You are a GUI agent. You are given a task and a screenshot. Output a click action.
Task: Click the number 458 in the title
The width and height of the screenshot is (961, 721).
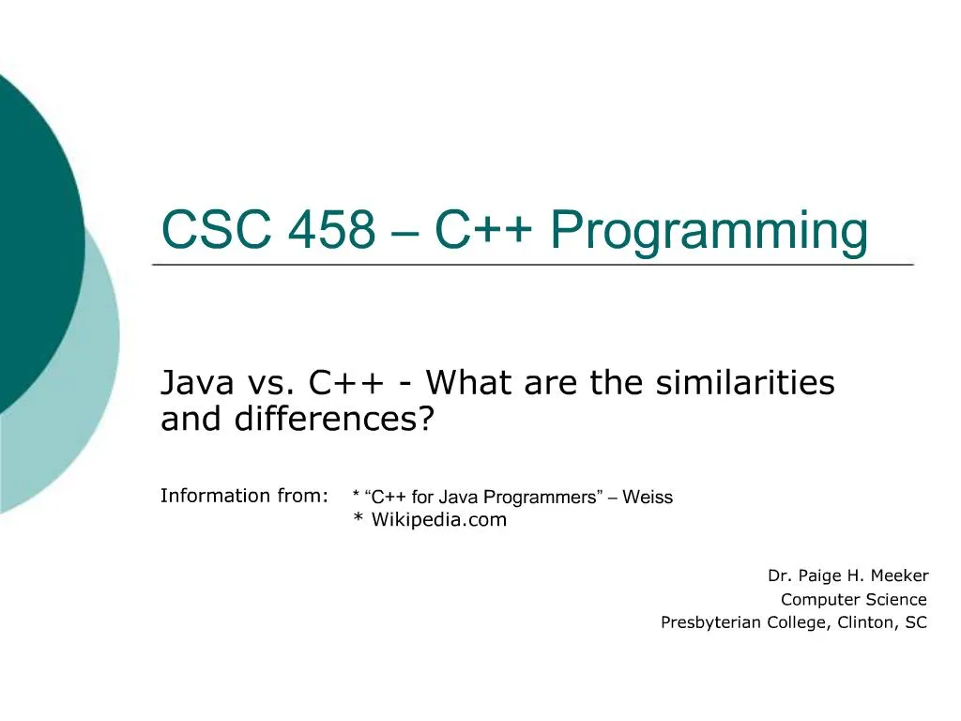(331, 229)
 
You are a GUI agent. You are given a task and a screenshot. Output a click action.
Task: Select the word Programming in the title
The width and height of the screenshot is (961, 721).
(709, 231)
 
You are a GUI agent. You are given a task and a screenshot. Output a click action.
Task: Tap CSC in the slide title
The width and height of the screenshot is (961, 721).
(217, 229)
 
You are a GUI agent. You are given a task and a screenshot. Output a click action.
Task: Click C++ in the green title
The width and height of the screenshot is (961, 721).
(483, 229)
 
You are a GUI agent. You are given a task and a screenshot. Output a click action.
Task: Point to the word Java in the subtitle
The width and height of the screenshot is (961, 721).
(197, 383)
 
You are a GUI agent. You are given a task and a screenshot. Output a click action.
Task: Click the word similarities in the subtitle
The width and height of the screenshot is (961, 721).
(745, 382)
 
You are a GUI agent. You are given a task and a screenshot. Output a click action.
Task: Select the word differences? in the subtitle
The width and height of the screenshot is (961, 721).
(334, 419)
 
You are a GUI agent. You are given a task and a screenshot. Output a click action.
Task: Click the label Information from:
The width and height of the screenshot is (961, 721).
(245, 496)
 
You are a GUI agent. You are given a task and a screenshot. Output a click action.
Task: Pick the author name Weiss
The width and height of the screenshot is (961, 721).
(648, 497)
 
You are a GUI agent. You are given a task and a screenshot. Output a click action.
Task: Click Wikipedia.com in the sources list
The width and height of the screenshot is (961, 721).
(439, 520)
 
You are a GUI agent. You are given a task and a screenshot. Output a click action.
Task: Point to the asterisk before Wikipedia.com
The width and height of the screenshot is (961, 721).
(358, 518)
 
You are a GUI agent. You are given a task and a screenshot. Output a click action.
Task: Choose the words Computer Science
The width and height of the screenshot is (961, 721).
(854, 599)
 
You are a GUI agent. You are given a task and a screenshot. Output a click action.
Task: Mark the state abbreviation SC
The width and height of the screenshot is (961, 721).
(916, 622)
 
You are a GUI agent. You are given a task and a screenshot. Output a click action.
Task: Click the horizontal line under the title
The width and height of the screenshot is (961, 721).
(533, 265)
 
